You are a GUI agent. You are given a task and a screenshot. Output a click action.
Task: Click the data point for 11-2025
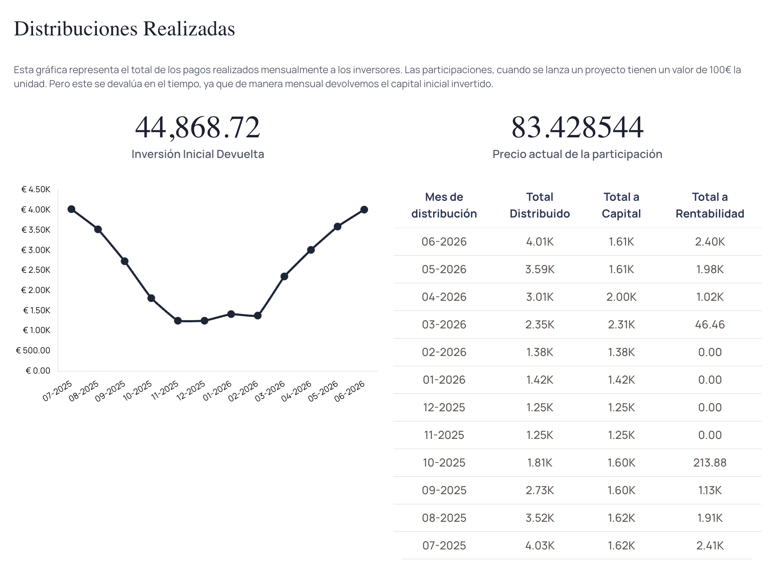click(x=178, y=321)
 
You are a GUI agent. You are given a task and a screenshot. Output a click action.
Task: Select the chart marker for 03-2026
click(x=284, y=277)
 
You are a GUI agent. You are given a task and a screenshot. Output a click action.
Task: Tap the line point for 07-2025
click(x=71, y=209)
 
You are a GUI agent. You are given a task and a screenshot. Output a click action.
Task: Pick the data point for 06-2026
click(x=364, y=210)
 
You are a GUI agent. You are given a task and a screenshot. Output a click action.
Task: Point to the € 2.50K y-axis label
click(x=36, y=270)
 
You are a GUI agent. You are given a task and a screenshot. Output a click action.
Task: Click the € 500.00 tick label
click(x=33, y=351)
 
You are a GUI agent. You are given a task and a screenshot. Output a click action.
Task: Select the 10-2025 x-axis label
click(x=137, y=391)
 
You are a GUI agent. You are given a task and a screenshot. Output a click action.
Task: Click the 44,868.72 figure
click(x=198, y=127)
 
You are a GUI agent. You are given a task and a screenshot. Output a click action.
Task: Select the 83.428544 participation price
click(x=577, y=127)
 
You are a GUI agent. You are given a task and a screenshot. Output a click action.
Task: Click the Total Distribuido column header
click(x=540, y=205)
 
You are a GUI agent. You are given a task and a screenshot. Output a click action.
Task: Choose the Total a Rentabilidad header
click(x=710, y=205)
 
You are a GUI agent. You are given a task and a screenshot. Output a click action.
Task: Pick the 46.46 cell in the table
click(x=710, y=325)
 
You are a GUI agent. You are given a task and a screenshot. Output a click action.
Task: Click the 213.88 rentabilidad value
click(x=710, y=463)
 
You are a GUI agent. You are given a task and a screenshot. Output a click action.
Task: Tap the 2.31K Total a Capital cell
click(x=621, y=325)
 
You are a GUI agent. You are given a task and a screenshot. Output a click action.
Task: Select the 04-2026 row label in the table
click(x=444, y=297)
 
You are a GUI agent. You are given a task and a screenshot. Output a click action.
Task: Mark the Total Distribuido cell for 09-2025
click(x=540, y=490)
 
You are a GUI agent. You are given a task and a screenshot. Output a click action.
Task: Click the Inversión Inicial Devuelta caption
click(x=198, y=154)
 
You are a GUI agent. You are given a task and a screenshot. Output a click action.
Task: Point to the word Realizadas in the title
click(x=189, y=29)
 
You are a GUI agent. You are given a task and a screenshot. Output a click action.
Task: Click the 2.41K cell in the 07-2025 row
click(x=710, y=546)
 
